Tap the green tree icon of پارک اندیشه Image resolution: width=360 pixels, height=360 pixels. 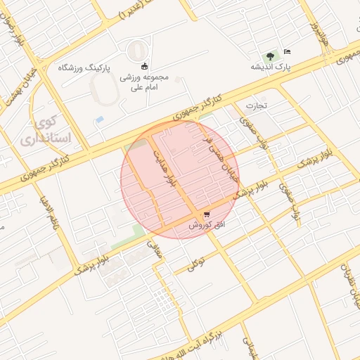tap(268, 56)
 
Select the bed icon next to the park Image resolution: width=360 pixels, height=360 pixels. tap(286, 52)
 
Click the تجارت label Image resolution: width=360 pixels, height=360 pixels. tap(256, 105)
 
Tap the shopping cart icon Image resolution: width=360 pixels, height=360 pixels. tap(207, 214)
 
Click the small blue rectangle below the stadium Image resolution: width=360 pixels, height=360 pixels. tap(100, 120)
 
